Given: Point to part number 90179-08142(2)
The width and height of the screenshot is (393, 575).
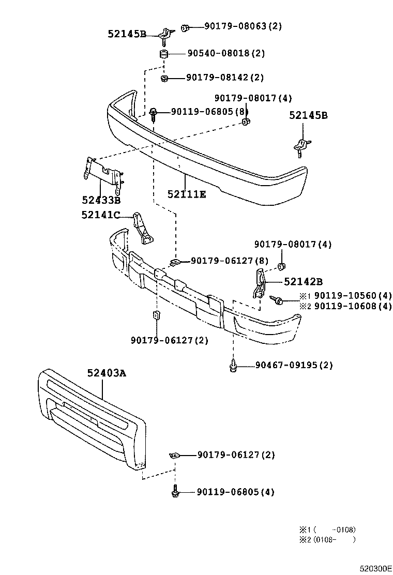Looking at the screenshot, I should [x=225, y=78].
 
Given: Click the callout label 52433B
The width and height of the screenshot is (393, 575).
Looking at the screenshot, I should [x=101, y=200].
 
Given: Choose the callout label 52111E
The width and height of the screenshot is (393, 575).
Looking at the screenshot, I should [x=186, y=194].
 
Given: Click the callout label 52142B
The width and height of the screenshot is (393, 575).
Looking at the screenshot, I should [x=303, y=282].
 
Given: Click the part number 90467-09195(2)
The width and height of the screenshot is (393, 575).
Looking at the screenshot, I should [x=294, y=366].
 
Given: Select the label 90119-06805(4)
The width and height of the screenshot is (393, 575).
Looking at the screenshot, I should [x=235, y=492].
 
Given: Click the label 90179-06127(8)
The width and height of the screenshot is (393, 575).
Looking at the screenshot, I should [x=230, y=261].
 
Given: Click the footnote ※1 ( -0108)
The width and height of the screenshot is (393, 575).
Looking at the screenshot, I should [x=327, y=529].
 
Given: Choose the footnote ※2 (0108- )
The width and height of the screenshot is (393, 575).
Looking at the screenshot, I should [x=327, y=540].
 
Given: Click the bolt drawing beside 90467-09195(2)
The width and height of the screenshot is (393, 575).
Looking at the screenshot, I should [x=233, y=366].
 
